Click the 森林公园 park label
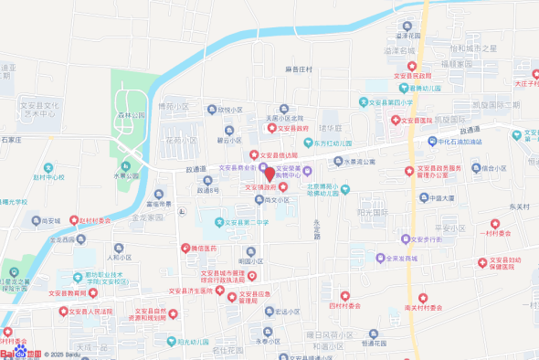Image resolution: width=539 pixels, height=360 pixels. pyautogui.click(x=132, y=116)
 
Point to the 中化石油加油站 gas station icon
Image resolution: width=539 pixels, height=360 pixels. pyautogui.click(x=433, y=142)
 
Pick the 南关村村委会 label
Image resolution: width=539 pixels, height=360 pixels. pyautogui.click(x=423, y=308)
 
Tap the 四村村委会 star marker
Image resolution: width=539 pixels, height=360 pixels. pyautogui.click(x=345, y=296)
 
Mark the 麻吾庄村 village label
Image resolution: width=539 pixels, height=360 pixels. pyautogui.click(x=298, y=69)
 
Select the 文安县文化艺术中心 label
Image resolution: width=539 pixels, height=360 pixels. pyautogui.click(x=39, y=111)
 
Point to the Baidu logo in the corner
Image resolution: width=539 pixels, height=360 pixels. pyautogui.click(x=19, y=353)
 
